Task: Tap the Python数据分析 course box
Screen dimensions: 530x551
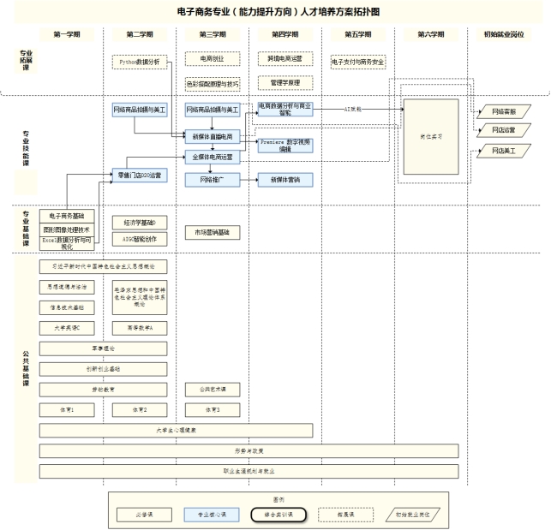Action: (141, 63)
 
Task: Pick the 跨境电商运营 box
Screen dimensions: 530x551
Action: (285, 59)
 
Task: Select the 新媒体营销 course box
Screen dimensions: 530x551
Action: (285, 180)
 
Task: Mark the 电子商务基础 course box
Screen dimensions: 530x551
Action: (68, 215)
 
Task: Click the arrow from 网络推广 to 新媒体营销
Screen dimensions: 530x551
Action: (249, 180)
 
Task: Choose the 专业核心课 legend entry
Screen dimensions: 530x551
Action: (212, 515)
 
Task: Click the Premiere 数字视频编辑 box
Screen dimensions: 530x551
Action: (285, 145)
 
